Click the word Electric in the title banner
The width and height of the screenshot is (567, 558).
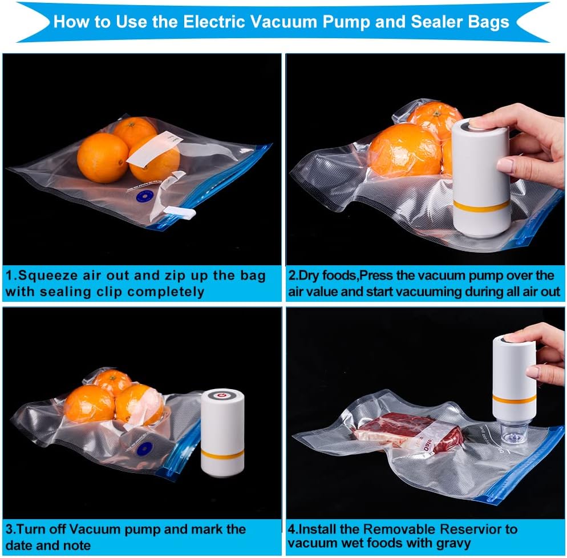point(214,22)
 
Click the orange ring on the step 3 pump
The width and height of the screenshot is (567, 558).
point(222,454)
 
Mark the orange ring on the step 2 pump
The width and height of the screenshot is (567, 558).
point(481,205)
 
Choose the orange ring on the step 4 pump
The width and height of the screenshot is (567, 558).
point(514,399)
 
